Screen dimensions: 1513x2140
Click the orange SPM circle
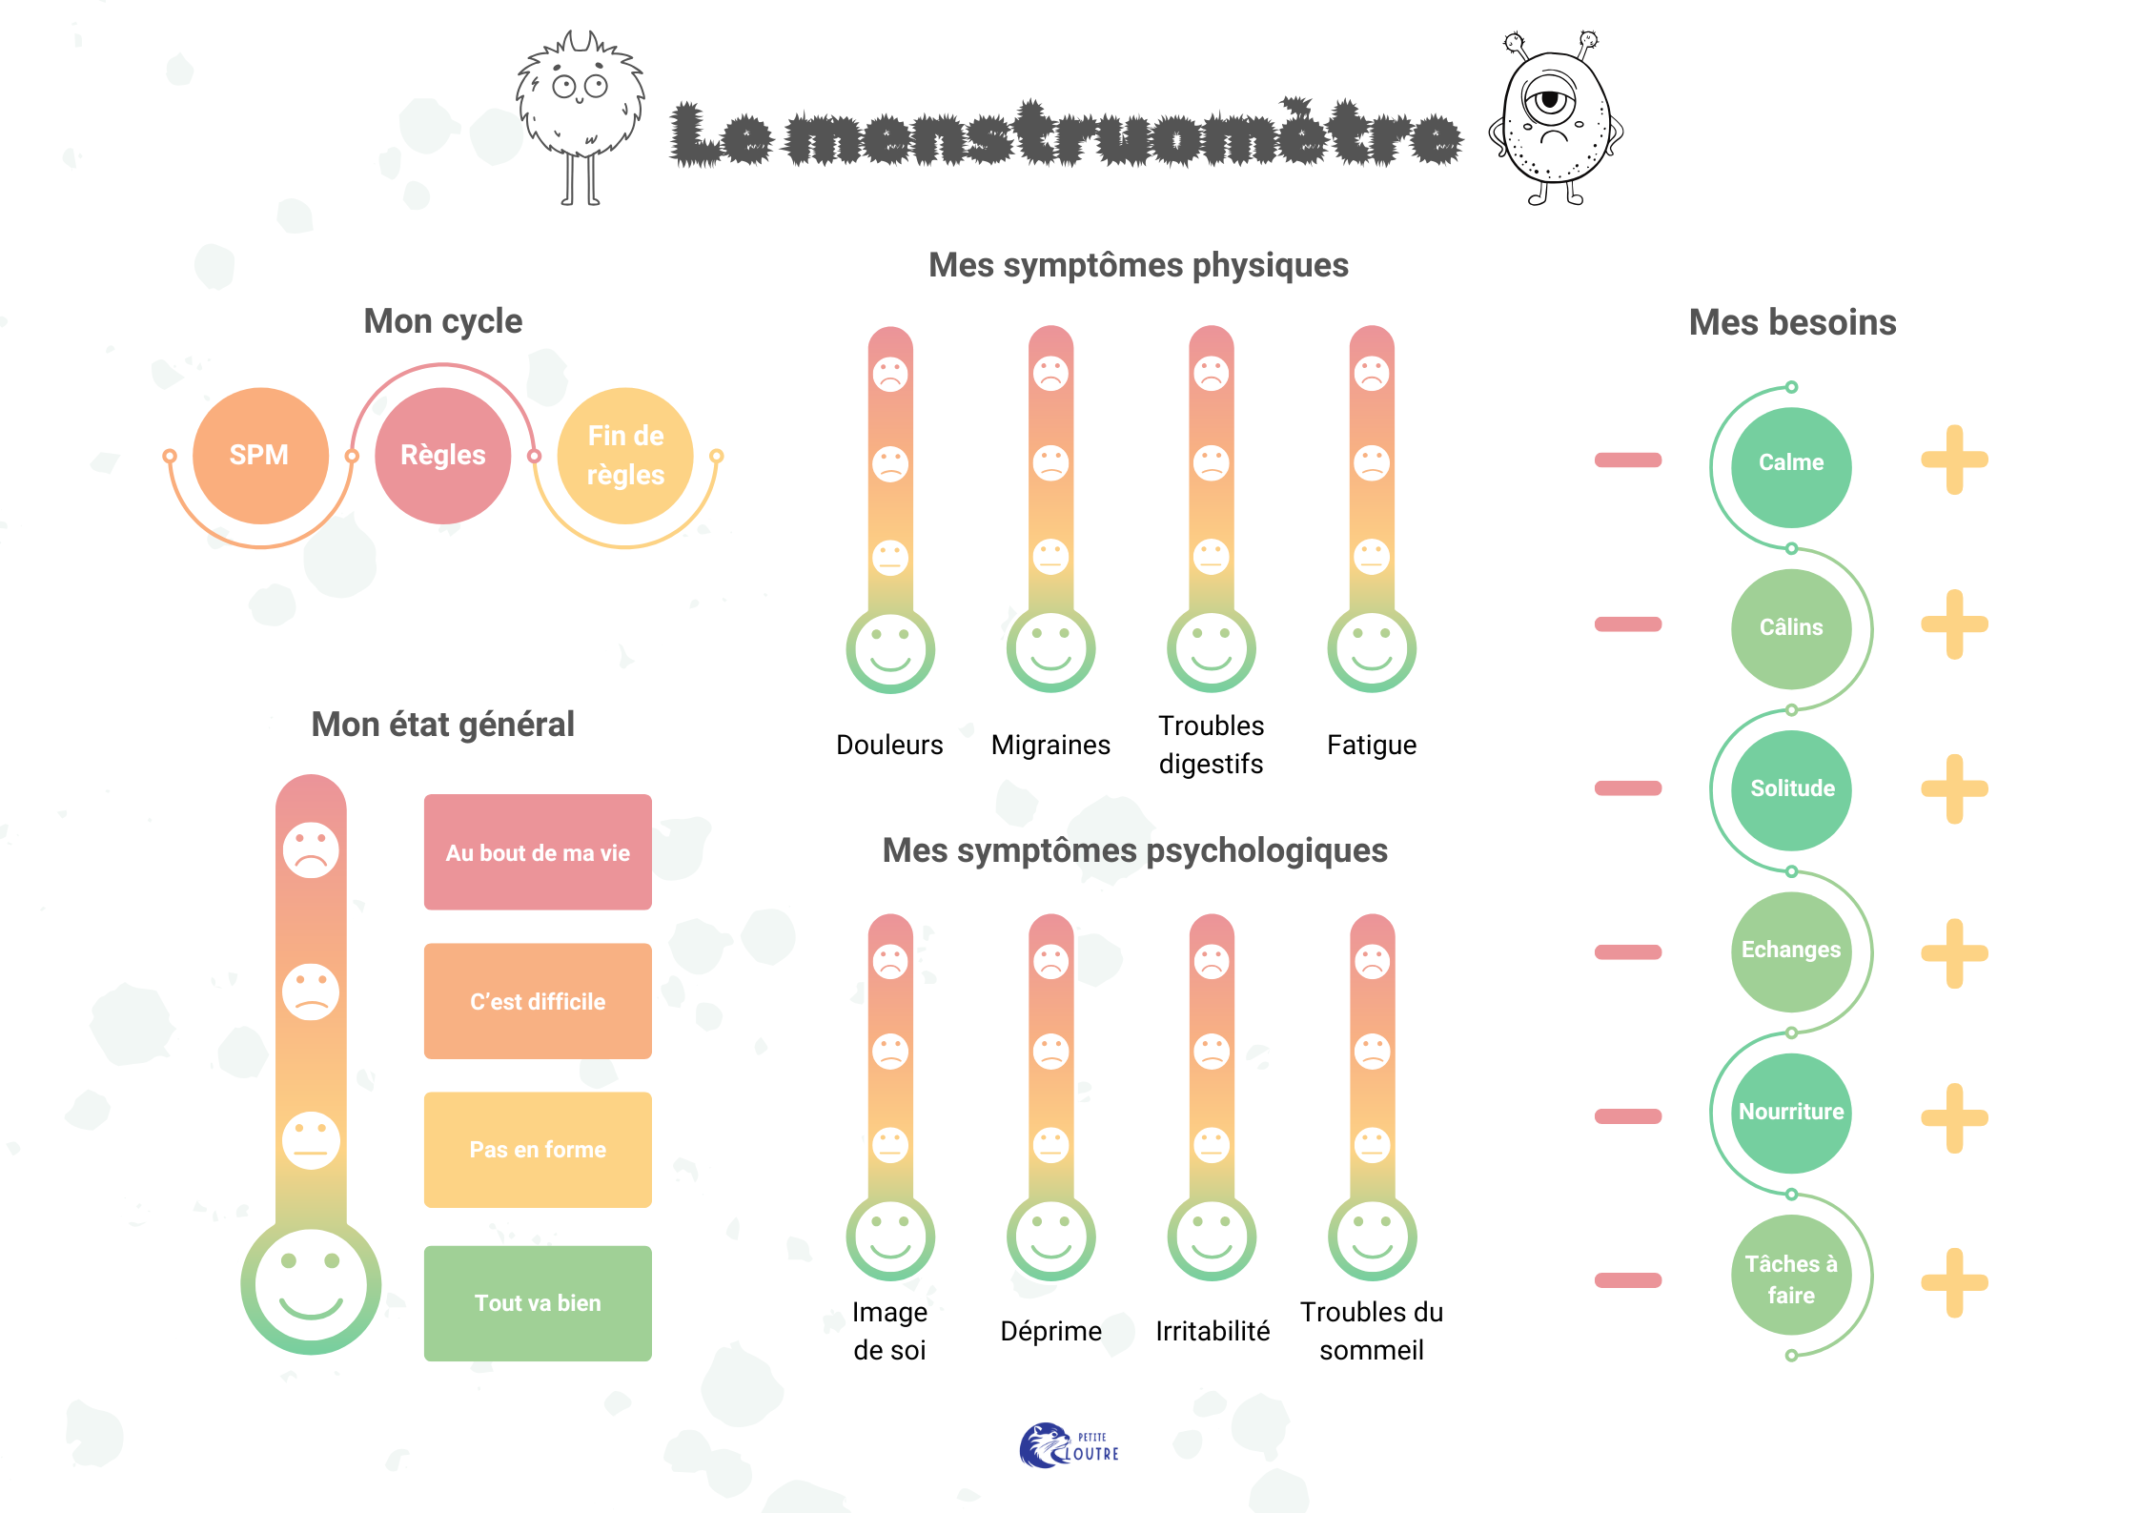pyautogui.click(x=260, y=456)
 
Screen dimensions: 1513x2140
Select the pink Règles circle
pyautogui.click(x=442, y=456)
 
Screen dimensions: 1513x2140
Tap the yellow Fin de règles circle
pyautogui.click(x=625, y=456)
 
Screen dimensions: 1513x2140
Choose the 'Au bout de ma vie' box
pyautogui.click(x=538, y=852)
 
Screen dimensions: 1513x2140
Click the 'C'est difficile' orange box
pyautogui.click(x=538, y=1001)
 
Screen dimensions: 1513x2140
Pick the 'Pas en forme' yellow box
pyautogui.click(x=538, y=1150)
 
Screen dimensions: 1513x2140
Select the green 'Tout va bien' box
pyautogui.click(x=538, y=1303)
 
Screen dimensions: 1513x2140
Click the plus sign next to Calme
pyautogui.click(x=1954, y=460)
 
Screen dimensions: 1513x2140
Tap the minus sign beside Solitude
pyautogui.click(x=1628, y=788)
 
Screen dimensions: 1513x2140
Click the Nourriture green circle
pyautogui.click(x=1791, y=1113)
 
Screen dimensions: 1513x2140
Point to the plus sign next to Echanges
pyautogui.click(x=1954, y=952)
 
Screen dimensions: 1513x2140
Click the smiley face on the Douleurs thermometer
pyautogui.click(x=890, y=650)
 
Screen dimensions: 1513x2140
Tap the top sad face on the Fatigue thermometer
pyautogui.click(x=1372, y=374)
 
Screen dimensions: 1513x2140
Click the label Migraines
pyautogui.click(x=1050, y=745)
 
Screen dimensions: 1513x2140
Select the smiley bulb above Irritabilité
pyautogui.click(x=1212, y=1237)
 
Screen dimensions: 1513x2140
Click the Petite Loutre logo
pyautogui.click(x=1070, y=1446)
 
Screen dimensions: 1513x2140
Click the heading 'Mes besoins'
pyautogui.click(x=1792, y=322)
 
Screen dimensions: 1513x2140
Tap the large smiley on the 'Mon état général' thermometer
pyautogui.click(x=311, y=1284)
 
